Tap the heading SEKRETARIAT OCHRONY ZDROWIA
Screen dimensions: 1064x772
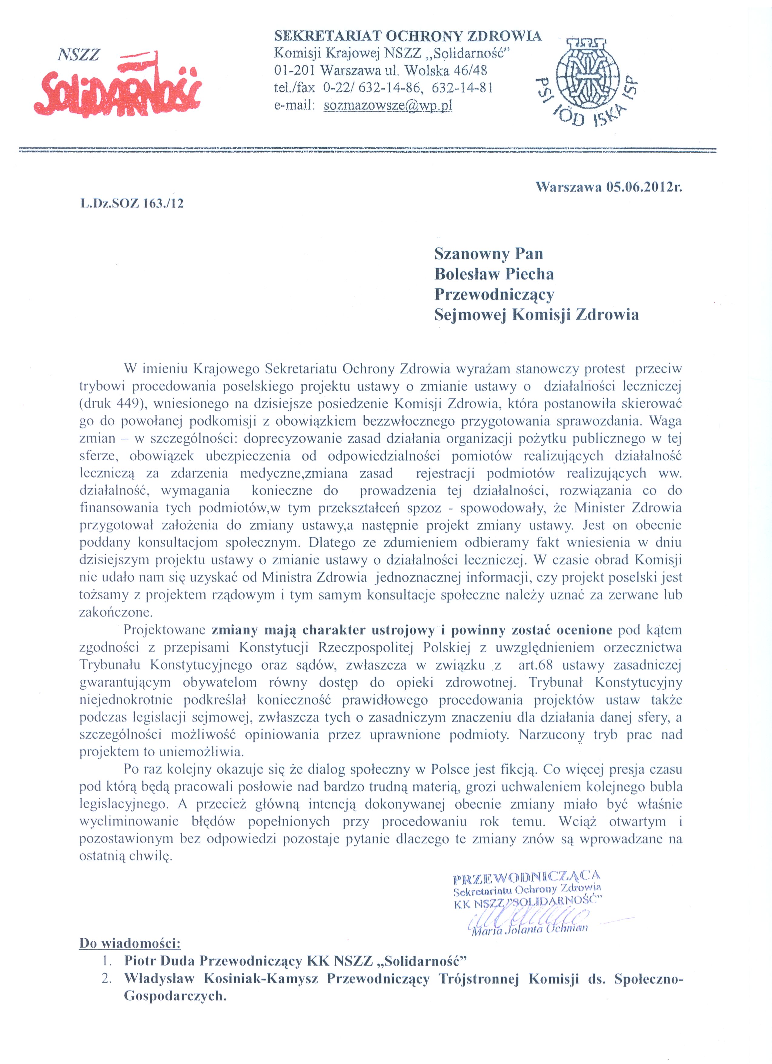click(407, 36)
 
